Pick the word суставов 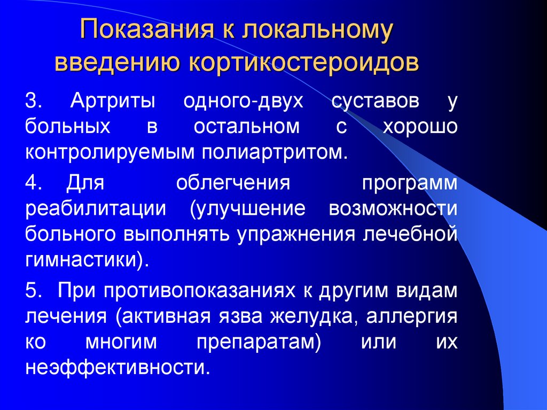point(374,101)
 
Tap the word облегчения point(233,183)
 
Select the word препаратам point(257,343)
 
